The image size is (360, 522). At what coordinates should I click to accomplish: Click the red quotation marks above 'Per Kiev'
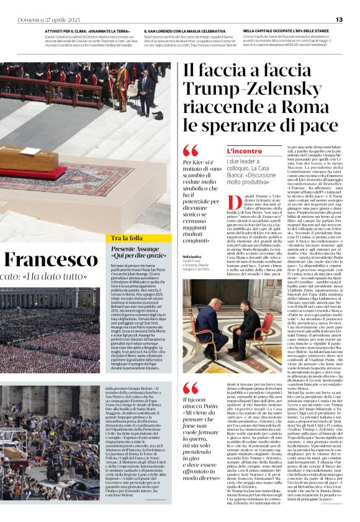pyautogui.click(x=191, y=150)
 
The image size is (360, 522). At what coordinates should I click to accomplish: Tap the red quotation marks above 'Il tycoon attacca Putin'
pyautogui.click(x=191, y=388)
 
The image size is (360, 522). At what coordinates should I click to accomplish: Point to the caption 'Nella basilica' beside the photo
pyautogui.click(x=192, y=256)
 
